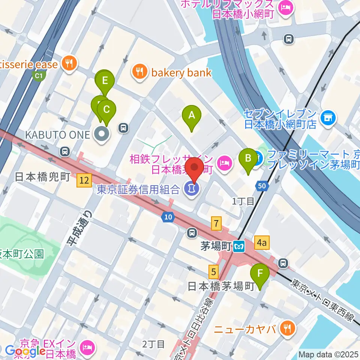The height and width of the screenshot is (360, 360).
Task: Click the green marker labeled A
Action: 192,115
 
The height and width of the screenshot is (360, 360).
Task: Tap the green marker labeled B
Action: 248,158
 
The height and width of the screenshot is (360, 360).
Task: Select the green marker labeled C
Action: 106,110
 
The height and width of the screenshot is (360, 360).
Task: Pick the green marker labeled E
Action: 105,81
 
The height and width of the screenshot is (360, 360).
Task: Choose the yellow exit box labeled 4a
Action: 262,243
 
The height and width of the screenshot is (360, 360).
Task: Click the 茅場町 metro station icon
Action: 239,247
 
